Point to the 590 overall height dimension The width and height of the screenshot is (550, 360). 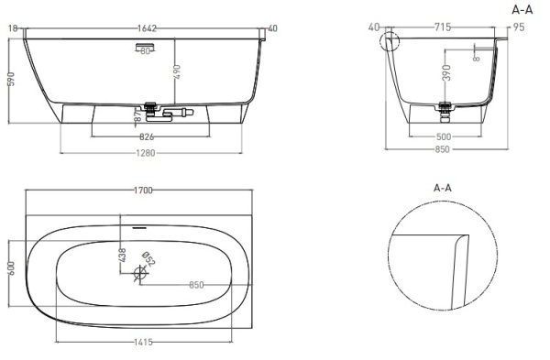pyautogui.click(x=11, y=80)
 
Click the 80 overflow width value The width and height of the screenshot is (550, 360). pyautogui.click(x=145, y=51)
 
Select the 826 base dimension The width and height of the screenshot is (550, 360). pyautogui.click(x=145, y=136)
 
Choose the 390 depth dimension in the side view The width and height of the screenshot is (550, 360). pyautogui.click(x=446, y=74)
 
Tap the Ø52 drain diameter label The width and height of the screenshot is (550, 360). pyautogui.click(x=149, y=261)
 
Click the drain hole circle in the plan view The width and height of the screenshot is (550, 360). pyautogui.click(x=140, y=272)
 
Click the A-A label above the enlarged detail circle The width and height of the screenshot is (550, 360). pyautogui.click(x=443, y=187)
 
